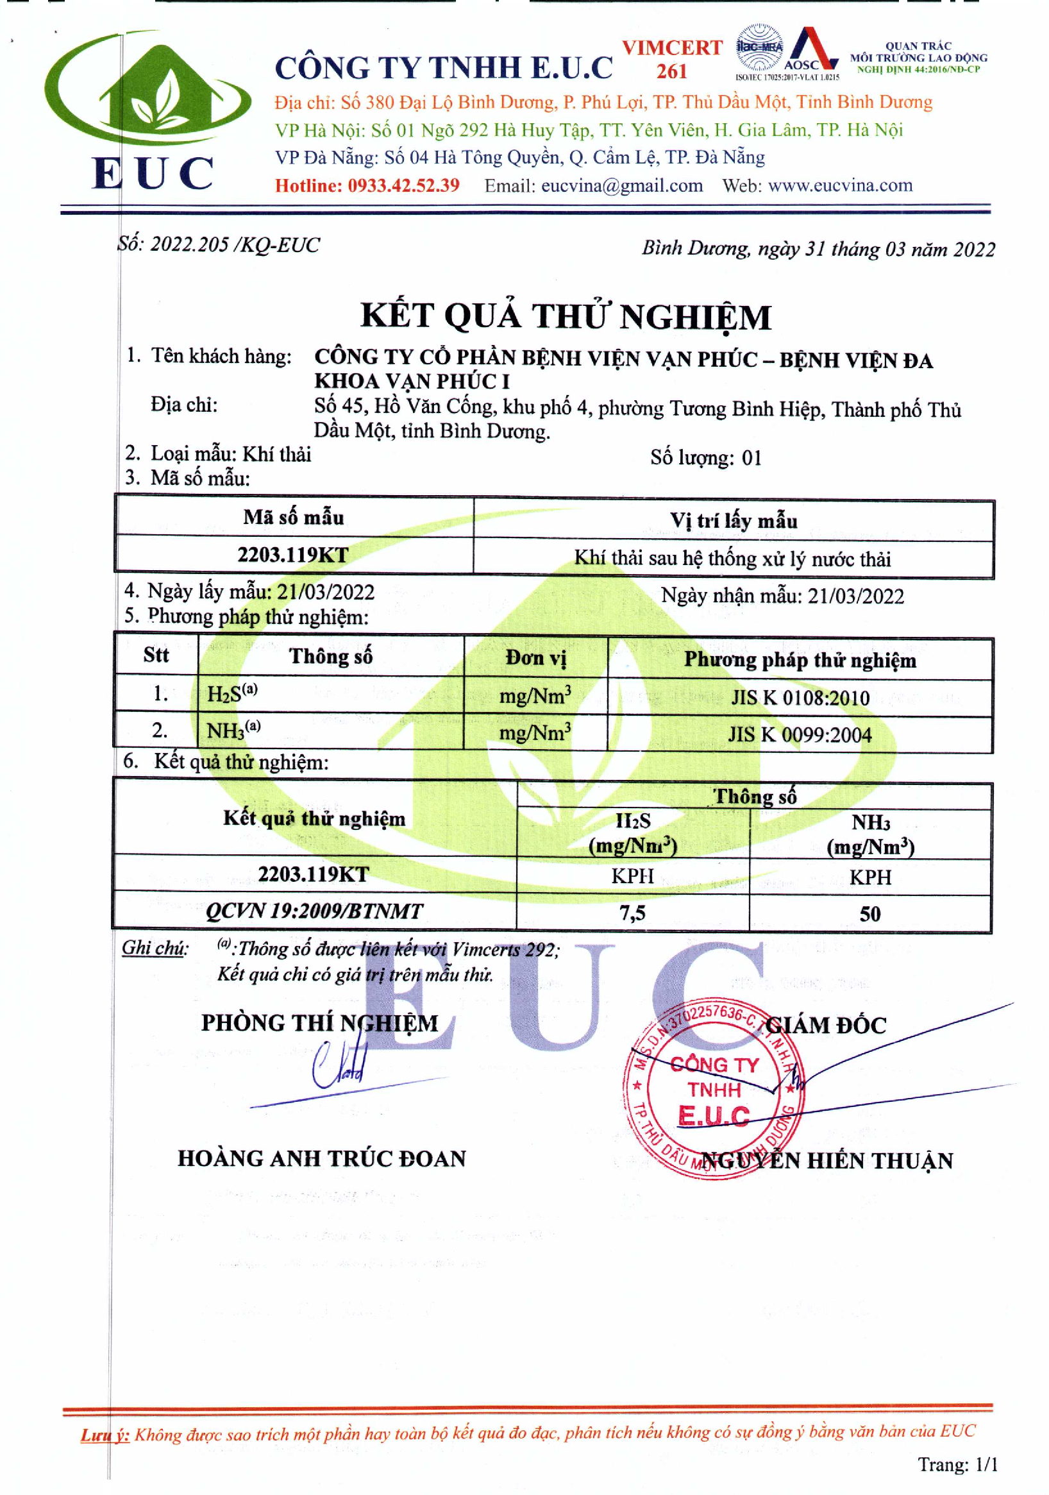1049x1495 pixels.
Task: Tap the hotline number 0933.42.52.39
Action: point(403,185)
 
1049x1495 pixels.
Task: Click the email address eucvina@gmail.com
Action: point(621,185)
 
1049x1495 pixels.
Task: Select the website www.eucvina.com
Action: point(840,185)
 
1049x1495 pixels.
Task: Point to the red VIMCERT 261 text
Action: point(671,58)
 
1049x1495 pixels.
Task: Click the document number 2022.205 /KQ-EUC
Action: point(235,245)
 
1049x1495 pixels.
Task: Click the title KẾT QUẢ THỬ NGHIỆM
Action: point(565,317)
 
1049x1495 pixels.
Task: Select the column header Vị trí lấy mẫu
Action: point(733,520)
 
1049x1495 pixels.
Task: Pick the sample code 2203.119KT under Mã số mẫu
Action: point(293,555)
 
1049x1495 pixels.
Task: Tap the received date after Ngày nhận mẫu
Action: point(855,596)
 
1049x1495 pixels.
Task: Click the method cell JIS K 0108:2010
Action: point(800,698)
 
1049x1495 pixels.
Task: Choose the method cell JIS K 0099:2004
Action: point(800,734)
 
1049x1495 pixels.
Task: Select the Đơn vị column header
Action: point(535,657)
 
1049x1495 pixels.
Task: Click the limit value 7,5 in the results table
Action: point(632,913)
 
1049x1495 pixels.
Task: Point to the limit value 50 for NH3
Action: point(870,913)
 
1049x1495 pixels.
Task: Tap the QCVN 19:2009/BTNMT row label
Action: point(314,911)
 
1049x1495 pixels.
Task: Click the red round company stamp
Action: point(713,1085)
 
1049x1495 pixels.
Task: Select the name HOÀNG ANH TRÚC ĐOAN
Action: point(322,1158)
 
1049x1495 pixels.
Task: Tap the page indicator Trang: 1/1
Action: point(957,1464)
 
